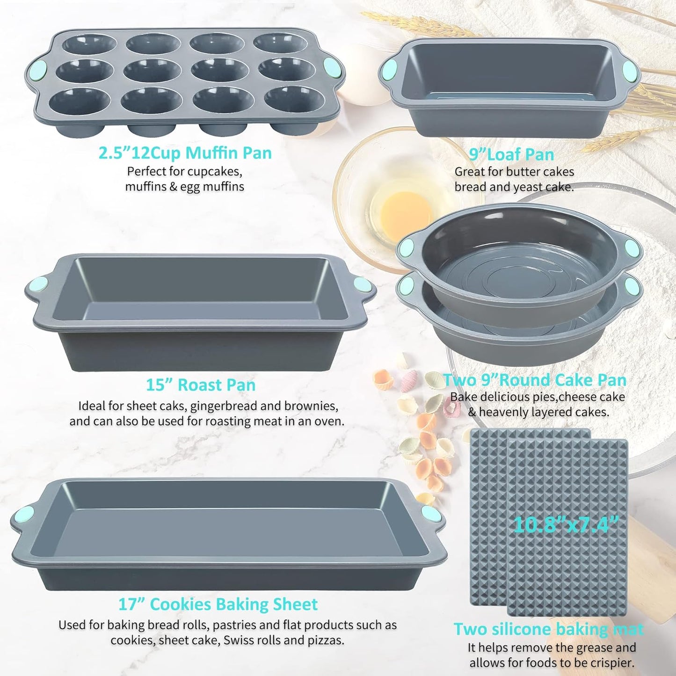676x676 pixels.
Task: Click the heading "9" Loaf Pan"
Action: tap(511, 154)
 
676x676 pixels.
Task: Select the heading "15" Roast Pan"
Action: tap(201, 385)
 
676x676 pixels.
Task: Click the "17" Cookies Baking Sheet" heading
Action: tap(218, 604)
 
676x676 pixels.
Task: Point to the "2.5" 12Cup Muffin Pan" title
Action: tap(185, 153)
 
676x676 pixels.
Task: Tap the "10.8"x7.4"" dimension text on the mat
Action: tap(566, 524)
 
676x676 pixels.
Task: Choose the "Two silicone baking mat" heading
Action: tap(548, 629)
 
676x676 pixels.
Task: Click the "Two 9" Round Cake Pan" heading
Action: tap(535, 380)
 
